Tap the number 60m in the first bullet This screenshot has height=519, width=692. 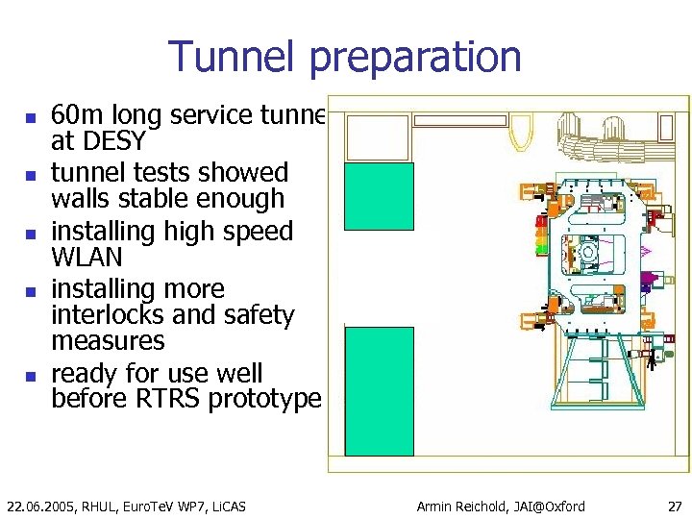click(x=72, y=116)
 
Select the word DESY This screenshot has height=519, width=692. click(x=114, y=142)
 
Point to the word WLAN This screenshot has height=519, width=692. click(x=86, y=259)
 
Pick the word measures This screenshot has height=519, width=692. click(x=108, y=341)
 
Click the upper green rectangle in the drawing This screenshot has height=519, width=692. click(x=379, y=210)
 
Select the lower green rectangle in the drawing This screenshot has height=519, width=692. click(x=379, y=390)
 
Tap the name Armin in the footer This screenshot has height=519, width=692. click(x=438, y=506)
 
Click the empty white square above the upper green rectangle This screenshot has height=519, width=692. click(x=377, y=137)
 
